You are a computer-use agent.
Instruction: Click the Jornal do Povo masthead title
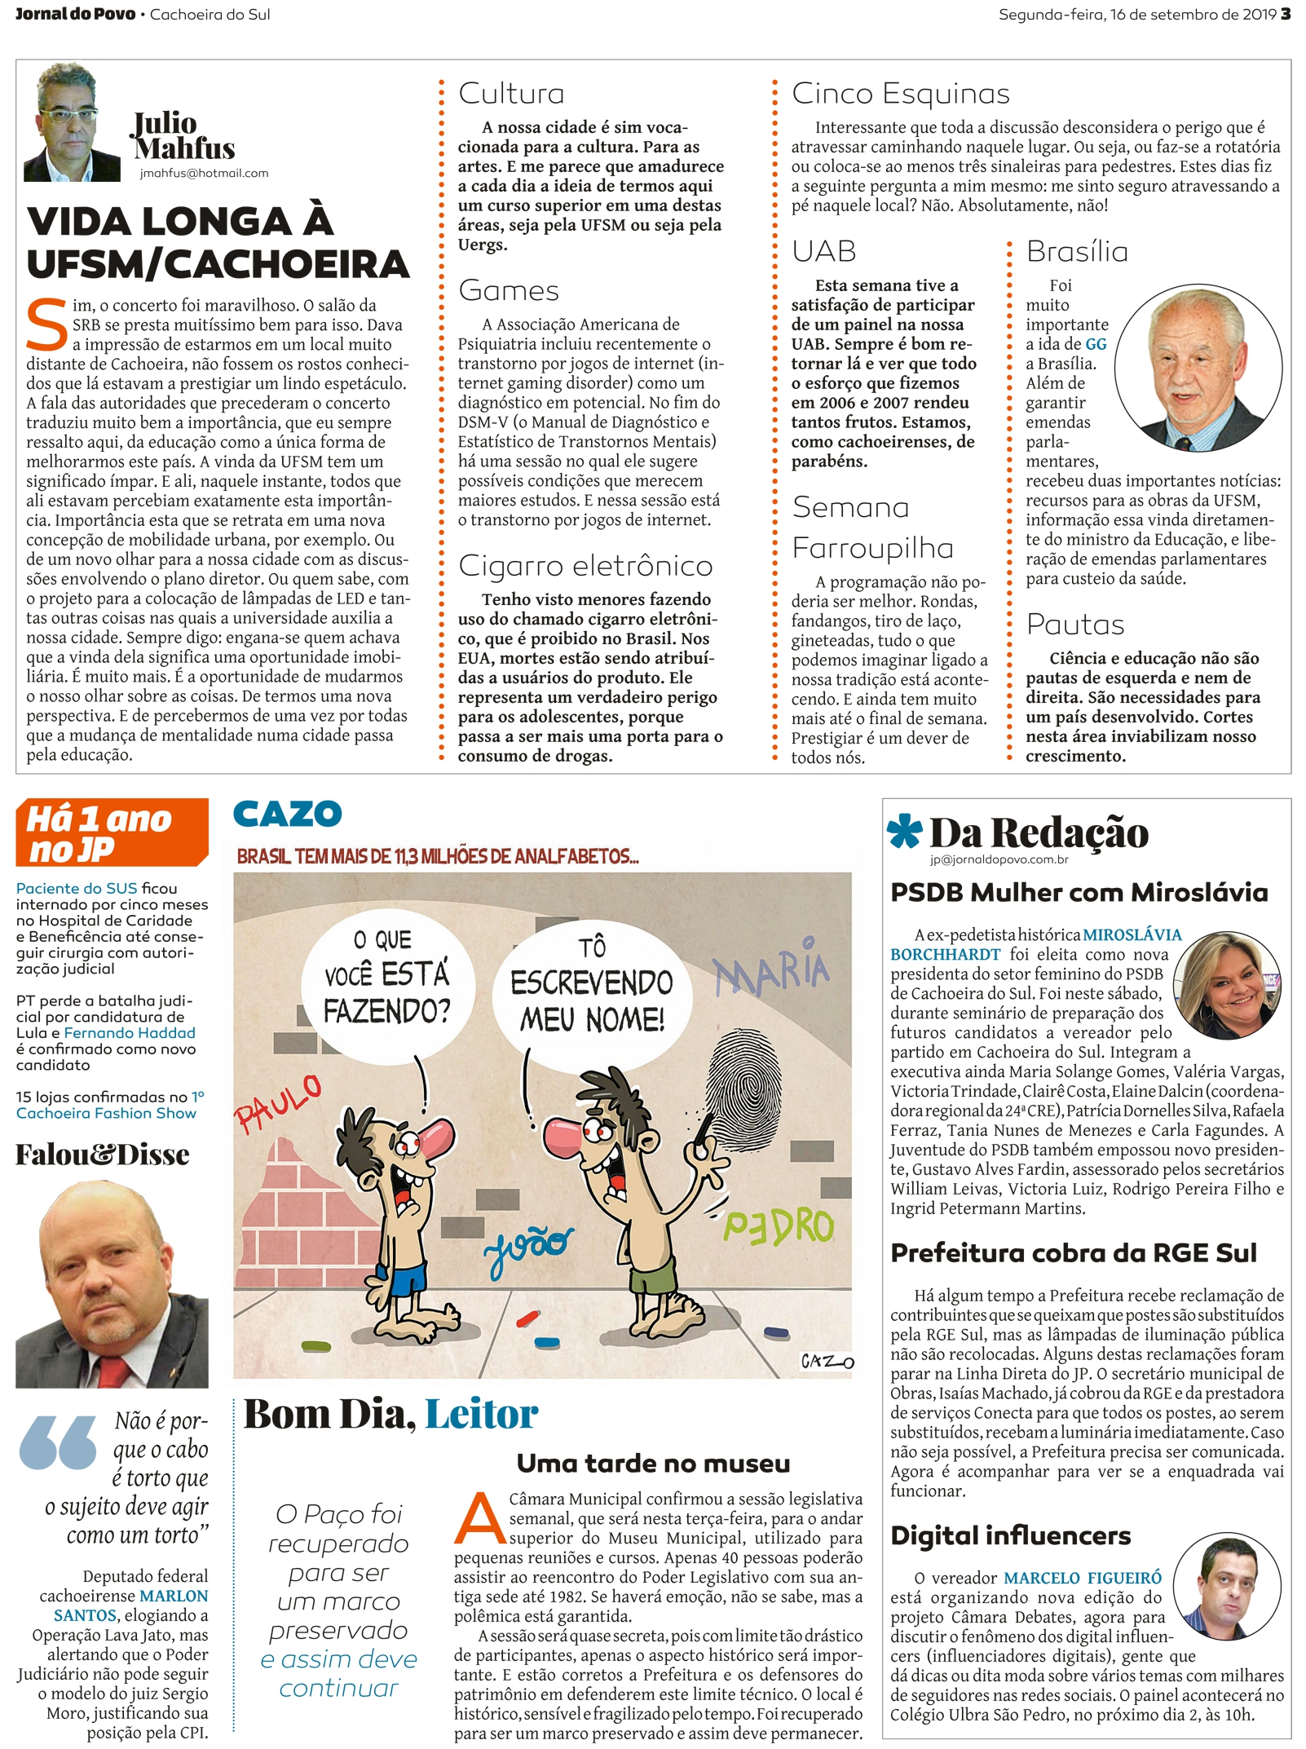pyautogui.click(x=75, y=14)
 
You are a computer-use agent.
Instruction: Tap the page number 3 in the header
pyautogui.click(x=1286, y=14)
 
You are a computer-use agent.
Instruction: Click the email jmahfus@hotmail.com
pyautogui.click(x=204, y=173)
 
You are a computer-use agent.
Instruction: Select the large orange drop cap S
pyautogui.click(x=47, y=324)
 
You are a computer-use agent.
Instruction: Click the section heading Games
pyautogui.click(x=509, y=290)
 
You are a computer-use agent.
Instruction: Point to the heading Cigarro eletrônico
pyautogui.click(x=585, y=565)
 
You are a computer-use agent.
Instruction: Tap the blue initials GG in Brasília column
pyautogui.click(x=1096, y=344)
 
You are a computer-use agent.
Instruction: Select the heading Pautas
pyautogui.click(x=1074, y=624)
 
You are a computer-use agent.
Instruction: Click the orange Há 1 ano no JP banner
pyautogui.click(x=111, y=833)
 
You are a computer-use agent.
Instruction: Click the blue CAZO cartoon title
pyautogui.click(x=287, y=813)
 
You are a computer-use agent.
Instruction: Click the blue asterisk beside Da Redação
pyautogui.click(x=904, y=831)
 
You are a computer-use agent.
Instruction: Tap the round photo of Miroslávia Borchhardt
pyautogui.click(x=1227, y=986)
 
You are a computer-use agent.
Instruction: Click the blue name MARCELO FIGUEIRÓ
pyautogui.click(x=1082, y=1578)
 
